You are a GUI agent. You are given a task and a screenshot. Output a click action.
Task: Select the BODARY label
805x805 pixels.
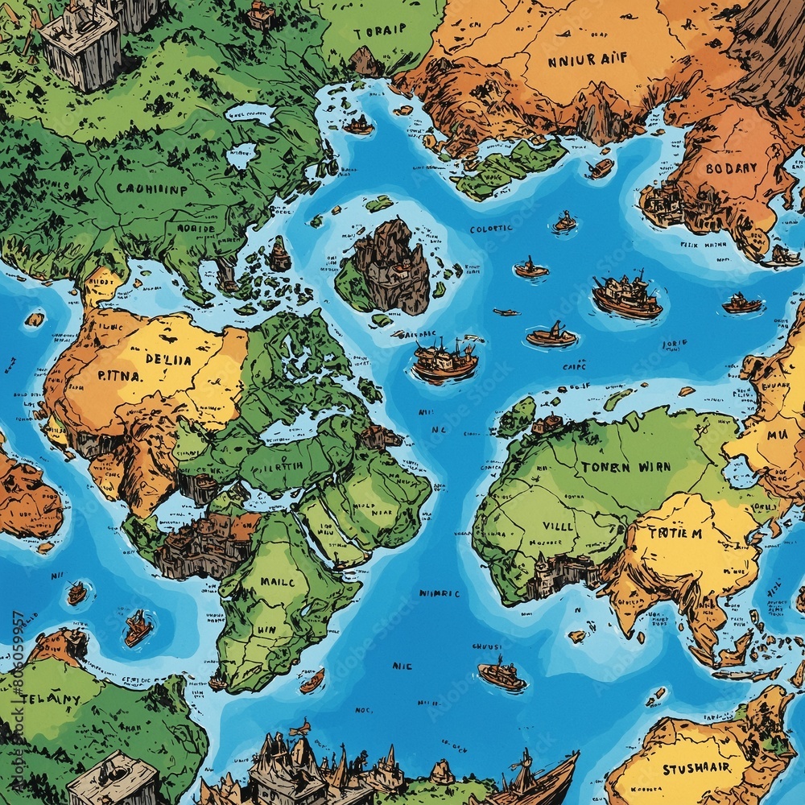(731, 169)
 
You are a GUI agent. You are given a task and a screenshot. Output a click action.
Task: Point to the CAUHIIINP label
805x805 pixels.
(151, 190)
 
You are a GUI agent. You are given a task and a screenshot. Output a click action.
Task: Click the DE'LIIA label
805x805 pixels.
(168, 360)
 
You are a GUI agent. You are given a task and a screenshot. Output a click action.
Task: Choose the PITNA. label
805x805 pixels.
(121, 375)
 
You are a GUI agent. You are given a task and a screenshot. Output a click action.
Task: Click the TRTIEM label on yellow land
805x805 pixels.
(675, 532)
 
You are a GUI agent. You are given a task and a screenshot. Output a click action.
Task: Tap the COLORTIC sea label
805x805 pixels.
(490, 229)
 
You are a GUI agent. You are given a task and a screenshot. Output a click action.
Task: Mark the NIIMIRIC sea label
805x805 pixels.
(439, 593)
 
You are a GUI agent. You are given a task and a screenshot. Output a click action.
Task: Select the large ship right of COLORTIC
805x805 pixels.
(627, 295)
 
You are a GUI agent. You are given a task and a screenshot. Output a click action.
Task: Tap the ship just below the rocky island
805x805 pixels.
(444, 359)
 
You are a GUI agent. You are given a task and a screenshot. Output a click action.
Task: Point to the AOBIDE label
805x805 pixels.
(196, 228)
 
